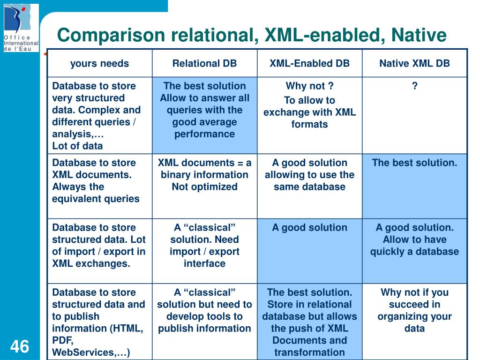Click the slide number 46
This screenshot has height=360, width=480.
[x=19, y=347]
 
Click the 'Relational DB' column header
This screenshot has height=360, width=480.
[x=204, y=64]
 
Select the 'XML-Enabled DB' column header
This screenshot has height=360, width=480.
[x=309, y=64]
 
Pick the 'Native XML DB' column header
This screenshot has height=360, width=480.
[x=414, y=64]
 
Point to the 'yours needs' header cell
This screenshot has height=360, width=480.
[x=99, y=64]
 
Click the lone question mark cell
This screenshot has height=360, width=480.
[x=414, y=86]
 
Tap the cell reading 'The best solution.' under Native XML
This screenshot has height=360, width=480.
[x=414, y=163]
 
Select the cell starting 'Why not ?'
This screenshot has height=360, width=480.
[x=309, y=106]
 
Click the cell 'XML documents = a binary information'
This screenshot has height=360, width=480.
[x=204, y=175]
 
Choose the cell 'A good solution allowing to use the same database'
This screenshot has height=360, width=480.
[x=309, y=175]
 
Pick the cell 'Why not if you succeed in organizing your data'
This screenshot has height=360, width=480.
[x=414, y=310]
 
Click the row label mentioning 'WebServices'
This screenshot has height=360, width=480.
[x=98, y=322]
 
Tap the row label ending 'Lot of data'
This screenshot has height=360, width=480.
[x=96, y=116]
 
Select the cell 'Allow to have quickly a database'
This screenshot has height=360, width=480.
[x=414, y=240]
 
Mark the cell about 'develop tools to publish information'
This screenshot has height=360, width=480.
[x=204, y=310]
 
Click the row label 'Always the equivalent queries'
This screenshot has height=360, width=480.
[x=96, y=181]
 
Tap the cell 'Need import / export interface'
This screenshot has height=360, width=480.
[x=204, y=246]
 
